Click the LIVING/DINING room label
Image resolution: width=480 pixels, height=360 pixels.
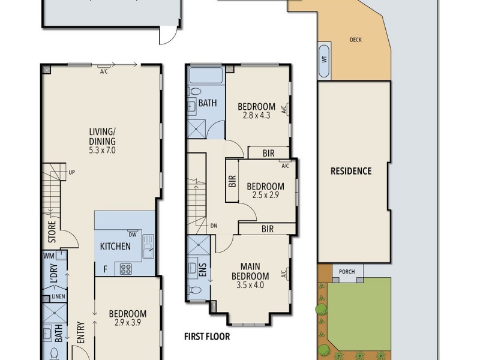[102, 137]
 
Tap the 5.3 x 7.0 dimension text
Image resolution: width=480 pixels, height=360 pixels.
[102, 151]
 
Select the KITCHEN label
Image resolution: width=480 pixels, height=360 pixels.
[115, 246]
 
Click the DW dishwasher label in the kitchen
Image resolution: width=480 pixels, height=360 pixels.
[132, 235]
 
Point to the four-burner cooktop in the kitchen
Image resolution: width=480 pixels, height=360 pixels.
[126, 269]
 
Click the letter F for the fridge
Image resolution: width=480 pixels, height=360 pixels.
[106, 269]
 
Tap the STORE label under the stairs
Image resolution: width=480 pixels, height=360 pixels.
[52, 232]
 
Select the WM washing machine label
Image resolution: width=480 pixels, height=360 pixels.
[49, 256]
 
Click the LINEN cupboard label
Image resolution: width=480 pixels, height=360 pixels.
[58, 296]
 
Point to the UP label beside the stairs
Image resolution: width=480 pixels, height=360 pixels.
[71, 172]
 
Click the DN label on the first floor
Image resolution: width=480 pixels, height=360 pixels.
[214, 226]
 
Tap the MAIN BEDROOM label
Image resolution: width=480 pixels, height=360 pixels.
[250, 271]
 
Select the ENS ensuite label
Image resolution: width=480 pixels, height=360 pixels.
[203, 270]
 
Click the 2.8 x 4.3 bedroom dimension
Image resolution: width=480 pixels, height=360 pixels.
[257, 115]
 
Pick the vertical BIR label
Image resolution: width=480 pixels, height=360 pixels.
[232, 181]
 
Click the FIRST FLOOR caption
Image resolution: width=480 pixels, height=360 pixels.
[207, 337]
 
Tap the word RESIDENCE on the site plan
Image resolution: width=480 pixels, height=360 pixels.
[351, 171]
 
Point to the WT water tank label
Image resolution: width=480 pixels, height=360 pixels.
[325, 59]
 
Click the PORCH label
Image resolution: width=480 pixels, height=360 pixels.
[347, 272]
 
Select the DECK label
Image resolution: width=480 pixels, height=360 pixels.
[355, 40]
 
